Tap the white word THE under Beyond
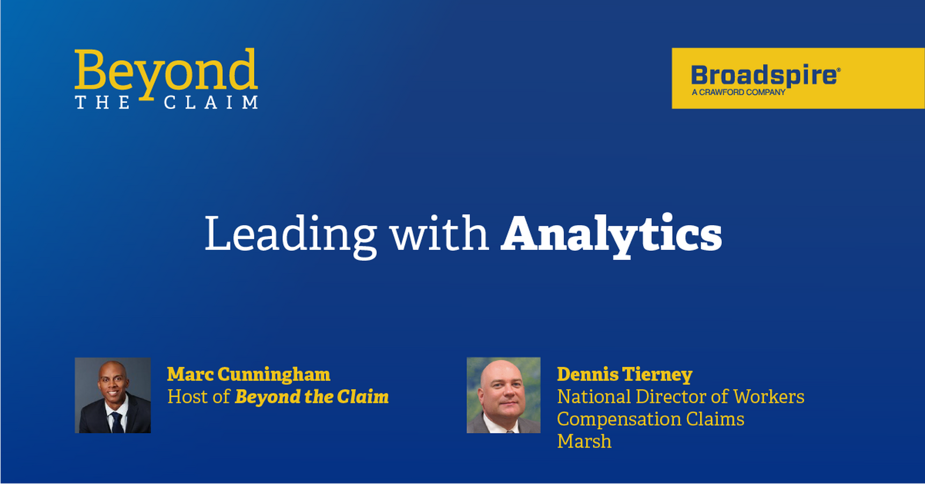103,102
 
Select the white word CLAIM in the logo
211,102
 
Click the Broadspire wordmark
763,75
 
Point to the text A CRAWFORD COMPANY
738,92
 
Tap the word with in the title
440,233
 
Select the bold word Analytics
611,235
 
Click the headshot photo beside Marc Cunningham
113,395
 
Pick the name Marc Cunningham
249,375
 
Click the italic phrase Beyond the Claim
312,397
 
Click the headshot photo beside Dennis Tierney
504,395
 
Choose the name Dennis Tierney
625,375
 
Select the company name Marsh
584,441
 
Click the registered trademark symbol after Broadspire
839,69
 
